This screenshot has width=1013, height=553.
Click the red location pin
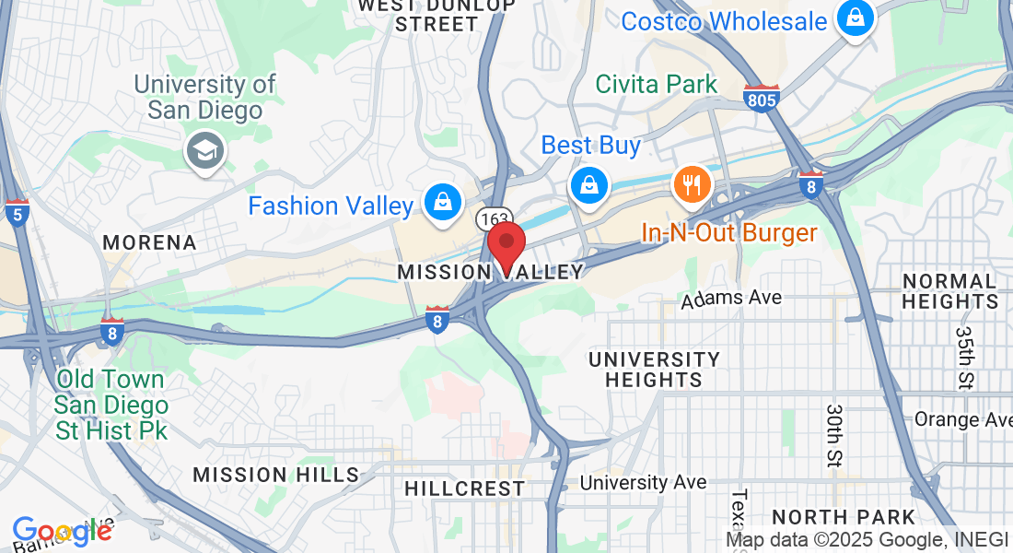click(506, 246)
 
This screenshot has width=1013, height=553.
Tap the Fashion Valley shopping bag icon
click(443, 202)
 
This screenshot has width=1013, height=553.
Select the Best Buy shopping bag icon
click(588, 183)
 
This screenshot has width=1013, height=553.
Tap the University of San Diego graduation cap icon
click(204, 150)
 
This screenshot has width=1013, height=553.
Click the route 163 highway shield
click(495, 219)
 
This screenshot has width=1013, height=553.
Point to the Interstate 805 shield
click(762, 97)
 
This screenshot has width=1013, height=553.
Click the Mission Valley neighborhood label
click(491, 272)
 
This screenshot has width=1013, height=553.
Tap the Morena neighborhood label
click(149, 242)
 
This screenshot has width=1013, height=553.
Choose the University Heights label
click(654, 369)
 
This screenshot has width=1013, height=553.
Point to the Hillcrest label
click(464, 488)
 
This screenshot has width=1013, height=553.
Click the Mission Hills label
click(275, 475)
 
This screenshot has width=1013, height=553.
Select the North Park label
click(844, 517)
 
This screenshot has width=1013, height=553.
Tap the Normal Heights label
click(949, 290)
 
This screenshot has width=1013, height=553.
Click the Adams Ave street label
click(731, 298)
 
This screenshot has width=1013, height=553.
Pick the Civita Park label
click(656, 84)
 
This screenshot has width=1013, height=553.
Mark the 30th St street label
click(834, 433)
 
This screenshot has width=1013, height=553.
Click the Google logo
click(61, 532)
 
